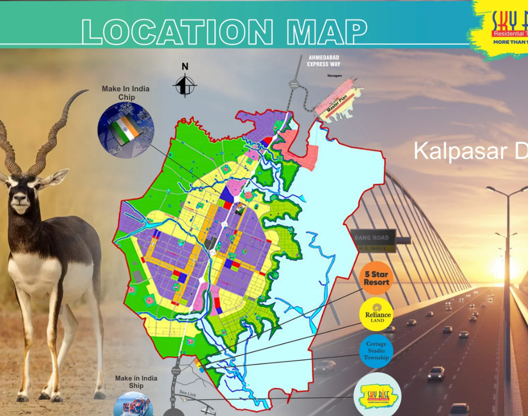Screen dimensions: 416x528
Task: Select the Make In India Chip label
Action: pyautogui.click(x=125, y=93)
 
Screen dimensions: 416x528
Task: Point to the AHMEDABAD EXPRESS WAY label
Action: pyautogui.click(x=324, y=61)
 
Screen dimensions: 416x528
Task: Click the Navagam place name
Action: pyautogui.click(x=335, y=75)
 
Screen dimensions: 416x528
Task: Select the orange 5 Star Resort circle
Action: pyautogui.click(x=376, y=279)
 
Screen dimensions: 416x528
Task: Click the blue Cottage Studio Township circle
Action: pyautogui.click(x=376, y=351)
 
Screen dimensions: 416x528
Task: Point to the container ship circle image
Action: pyautogui.click(x=133, y=405)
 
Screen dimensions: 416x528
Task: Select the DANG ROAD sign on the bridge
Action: pyautogui.click(x=374, y=238)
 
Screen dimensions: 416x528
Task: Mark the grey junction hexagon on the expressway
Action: pyautogui.click(x=294, y=85)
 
